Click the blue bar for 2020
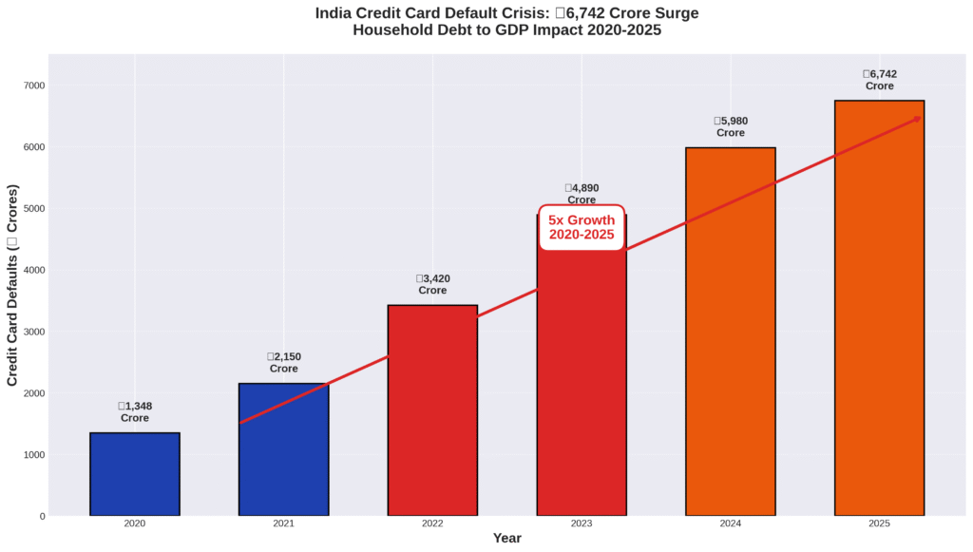135,474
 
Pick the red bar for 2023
582,380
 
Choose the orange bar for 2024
731,332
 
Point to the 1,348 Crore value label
135,412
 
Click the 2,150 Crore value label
283,363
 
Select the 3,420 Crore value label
432,284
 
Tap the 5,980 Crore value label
731,126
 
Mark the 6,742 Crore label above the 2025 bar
879,80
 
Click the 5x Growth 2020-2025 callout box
582,227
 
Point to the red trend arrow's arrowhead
918,118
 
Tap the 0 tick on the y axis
41,516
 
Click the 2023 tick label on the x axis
582,523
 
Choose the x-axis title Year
506,539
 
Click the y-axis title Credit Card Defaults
12,285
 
